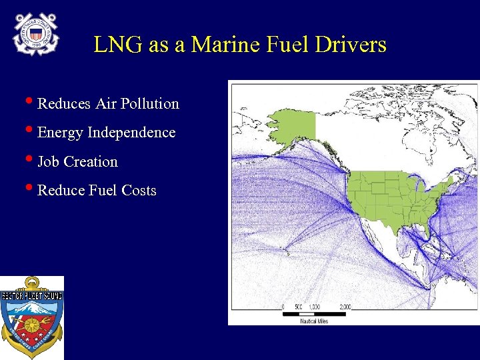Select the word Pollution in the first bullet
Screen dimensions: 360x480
coord(150,104)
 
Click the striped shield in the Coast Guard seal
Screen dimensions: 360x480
coord(36,32)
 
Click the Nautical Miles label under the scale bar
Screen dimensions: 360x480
coord(314,321)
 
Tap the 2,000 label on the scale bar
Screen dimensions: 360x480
coord(345,307)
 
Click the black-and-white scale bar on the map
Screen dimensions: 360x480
coord(314,313)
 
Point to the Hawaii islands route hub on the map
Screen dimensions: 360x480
coord(286,251)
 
